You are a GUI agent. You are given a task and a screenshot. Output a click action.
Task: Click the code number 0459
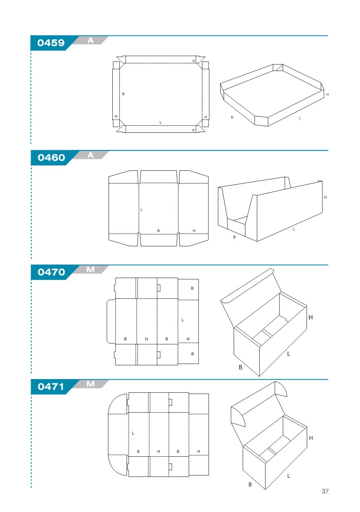[51, 43]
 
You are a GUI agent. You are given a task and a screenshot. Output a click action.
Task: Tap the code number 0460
[51, 158]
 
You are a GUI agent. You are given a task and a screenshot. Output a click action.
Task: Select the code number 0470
[51, 272]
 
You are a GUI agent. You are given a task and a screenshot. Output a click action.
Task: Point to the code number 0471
[51, 387]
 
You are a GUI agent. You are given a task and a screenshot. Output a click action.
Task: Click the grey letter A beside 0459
[90, 40]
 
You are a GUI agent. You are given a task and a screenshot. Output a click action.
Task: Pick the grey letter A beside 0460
[90, 155]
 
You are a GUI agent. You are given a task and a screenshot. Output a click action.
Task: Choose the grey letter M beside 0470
[90, 270]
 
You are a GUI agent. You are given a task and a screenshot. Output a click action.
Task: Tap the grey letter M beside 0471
[90, 384]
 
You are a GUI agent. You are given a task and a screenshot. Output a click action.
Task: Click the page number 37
[325, 491]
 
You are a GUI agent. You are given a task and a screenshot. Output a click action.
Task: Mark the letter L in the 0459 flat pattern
[161, 123]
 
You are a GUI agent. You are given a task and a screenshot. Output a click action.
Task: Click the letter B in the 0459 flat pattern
[123, 94]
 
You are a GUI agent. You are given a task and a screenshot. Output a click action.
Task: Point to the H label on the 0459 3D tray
[327, 94]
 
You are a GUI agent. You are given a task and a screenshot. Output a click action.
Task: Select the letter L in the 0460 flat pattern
[141, 210]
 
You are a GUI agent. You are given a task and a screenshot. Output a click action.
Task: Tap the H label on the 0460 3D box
[325, 197]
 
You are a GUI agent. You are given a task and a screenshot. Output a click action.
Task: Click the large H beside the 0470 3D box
[310, 317]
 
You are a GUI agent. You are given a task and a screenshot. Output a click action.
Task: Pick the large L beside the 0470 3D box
[289, 354]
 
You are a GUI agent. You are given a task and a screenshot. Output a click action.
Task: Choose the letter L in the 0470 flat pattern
[182, 320]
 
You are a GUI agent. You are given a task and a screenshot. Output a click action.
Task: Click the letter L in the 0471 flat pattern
[133, 433]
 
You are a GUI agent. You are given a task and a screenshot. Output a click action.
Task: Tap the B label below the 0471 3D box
[250, 484]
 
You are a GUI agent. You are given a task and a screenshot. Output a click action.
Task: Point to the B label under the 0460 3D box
[234, 237]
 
